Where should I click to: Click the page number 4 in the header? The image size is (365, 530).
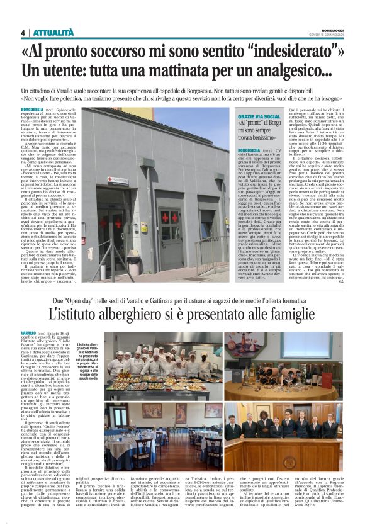(23, 33)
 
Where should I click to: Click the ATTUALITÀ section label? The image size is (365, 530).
(53, 33)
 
